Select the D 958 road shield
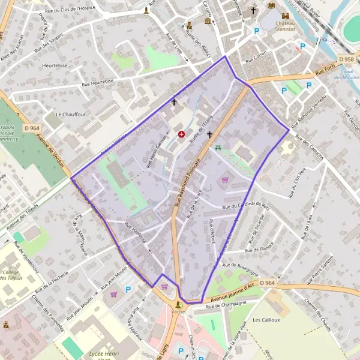346,60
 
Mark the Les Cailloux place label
266,320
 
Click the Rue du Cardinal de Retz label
247,205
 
